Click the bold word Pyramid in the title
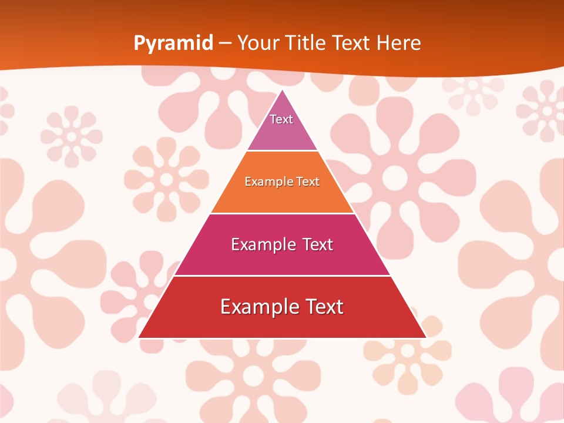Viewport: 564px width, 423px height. (173, 43)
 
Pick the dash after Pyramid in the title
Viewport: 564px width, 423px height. (225, 43)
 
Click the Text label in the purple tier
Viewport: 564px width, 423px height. (281, 119)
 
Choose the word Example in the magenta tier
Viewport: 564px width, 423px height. (261, 244)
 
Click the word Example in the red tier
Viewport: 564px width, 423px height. (256, 307)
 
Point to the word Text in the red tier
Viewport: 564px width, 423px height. (324, 307)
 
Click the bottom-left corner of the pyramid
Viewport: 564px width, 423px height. (139, 337)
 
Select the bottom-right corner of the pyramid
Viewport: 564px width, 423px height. (426, 337)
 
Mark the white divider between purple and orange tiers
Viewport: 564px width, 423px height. (282, 150)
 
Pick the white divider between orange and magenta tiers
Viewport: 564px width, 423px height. (282, 213)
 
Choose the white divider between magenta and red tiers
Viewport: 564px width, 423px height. (282, 276)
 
